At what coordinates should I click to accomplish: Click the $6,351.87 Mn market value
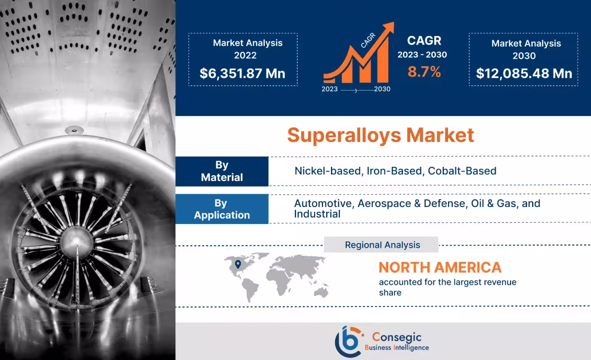pyautogui.click(x=243, y=73)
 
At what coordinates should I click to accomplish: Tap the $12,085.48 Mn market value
pyautogui.click(x=524, y=73)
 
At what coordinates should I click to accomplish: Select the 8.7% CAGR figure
pyautogui.click(x=424, y=72)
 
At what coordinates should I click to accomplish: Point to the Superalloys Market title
pyautogui.click(x=380, y=135)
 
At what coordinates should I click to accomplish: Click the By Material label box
pyautogui.click(x=221, y=171)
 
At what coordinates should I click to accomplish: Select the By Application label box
pyautogui.click(x=221, y=209)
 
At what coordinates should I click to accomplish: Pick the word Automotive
pyautogui.click(x=323, y=203)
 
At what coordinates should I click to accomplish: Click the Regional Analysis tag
pyautogui.click(x=382, y=245)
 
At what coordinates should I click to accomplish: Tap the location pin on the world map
pyautogui.click(x=238, y=264)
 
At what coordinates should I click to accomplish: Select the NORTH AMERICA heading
pyautogui.click(x=440, y=267)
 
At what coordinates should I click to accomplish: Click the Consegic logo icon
pyautogui.click(x=348, y=341)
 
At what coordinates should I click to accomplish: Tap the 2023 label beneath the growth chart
pyautogui.click(x=330, y=89)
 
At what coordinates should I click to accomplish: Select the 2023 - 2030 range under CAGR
pyautogui.click(x=422, y=55)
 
